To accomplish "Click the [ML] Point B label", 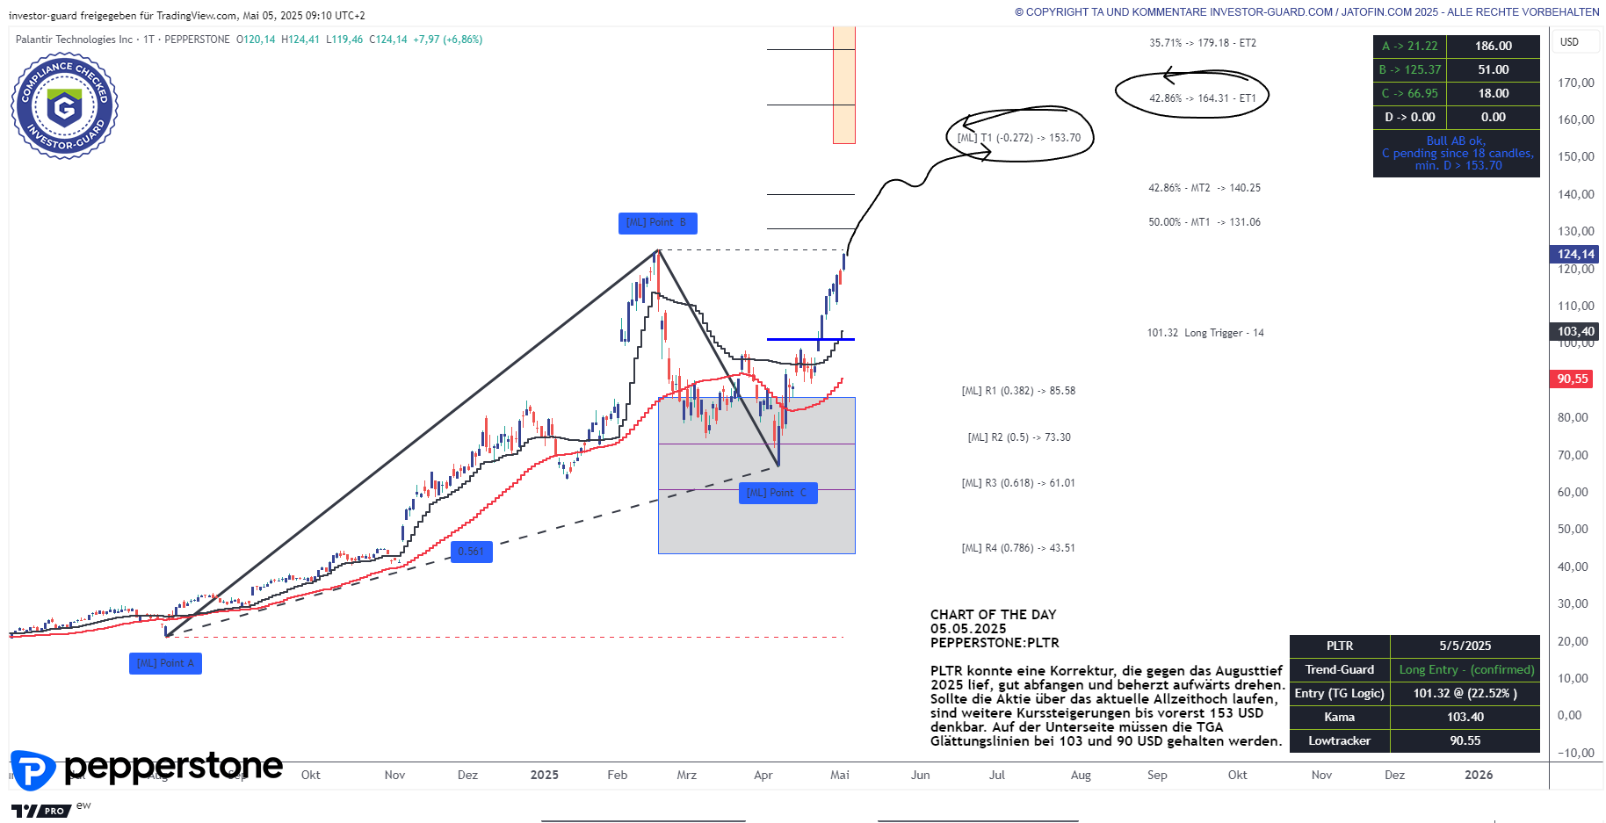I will [657, 223].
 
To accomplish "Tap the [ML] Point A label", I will [165, 664].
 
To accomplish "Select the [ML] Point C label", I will [778, 494].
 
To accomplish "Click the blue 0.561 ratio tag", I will [471, 552].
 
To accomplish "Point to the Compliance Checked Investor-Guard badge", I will [64, 106].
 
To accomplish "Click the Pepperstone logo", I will [147, 769].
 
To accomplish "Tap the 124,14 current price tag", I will [1575, 255].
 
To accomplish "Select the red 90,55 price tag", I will [1573, 379].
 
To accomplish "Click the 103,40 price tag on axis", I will [1575, 332].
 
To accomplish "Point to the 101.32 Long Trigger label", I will [1205, 333].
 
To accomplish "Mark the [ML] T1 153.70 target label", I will [1019, 138].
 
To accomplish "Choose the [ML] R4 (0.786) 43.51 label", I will [1018, 548].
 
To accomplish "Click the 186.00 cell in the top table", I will [1493, 47].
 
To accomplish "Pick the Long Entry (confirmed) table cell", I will [1465, 670].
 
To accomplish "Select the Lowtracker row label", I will [1339, 741].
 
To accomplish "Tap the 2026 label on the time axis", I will [1479, 776].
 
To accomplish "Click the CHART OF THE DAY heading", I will [993, 615].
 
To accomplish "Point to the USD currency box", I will [1569, 42].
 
